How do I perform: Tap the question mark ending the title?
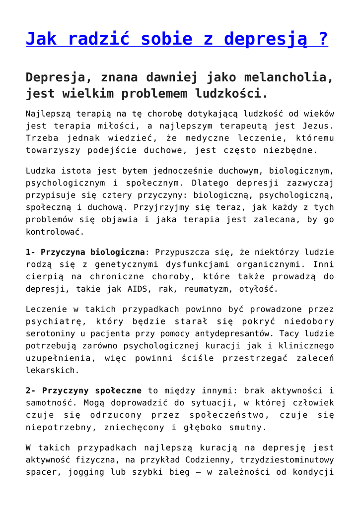[x=323, y=38]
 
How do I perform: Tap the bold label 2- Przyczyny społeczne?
[x=83, y=391]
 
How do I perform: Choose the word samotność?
[x=46, y=403]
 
